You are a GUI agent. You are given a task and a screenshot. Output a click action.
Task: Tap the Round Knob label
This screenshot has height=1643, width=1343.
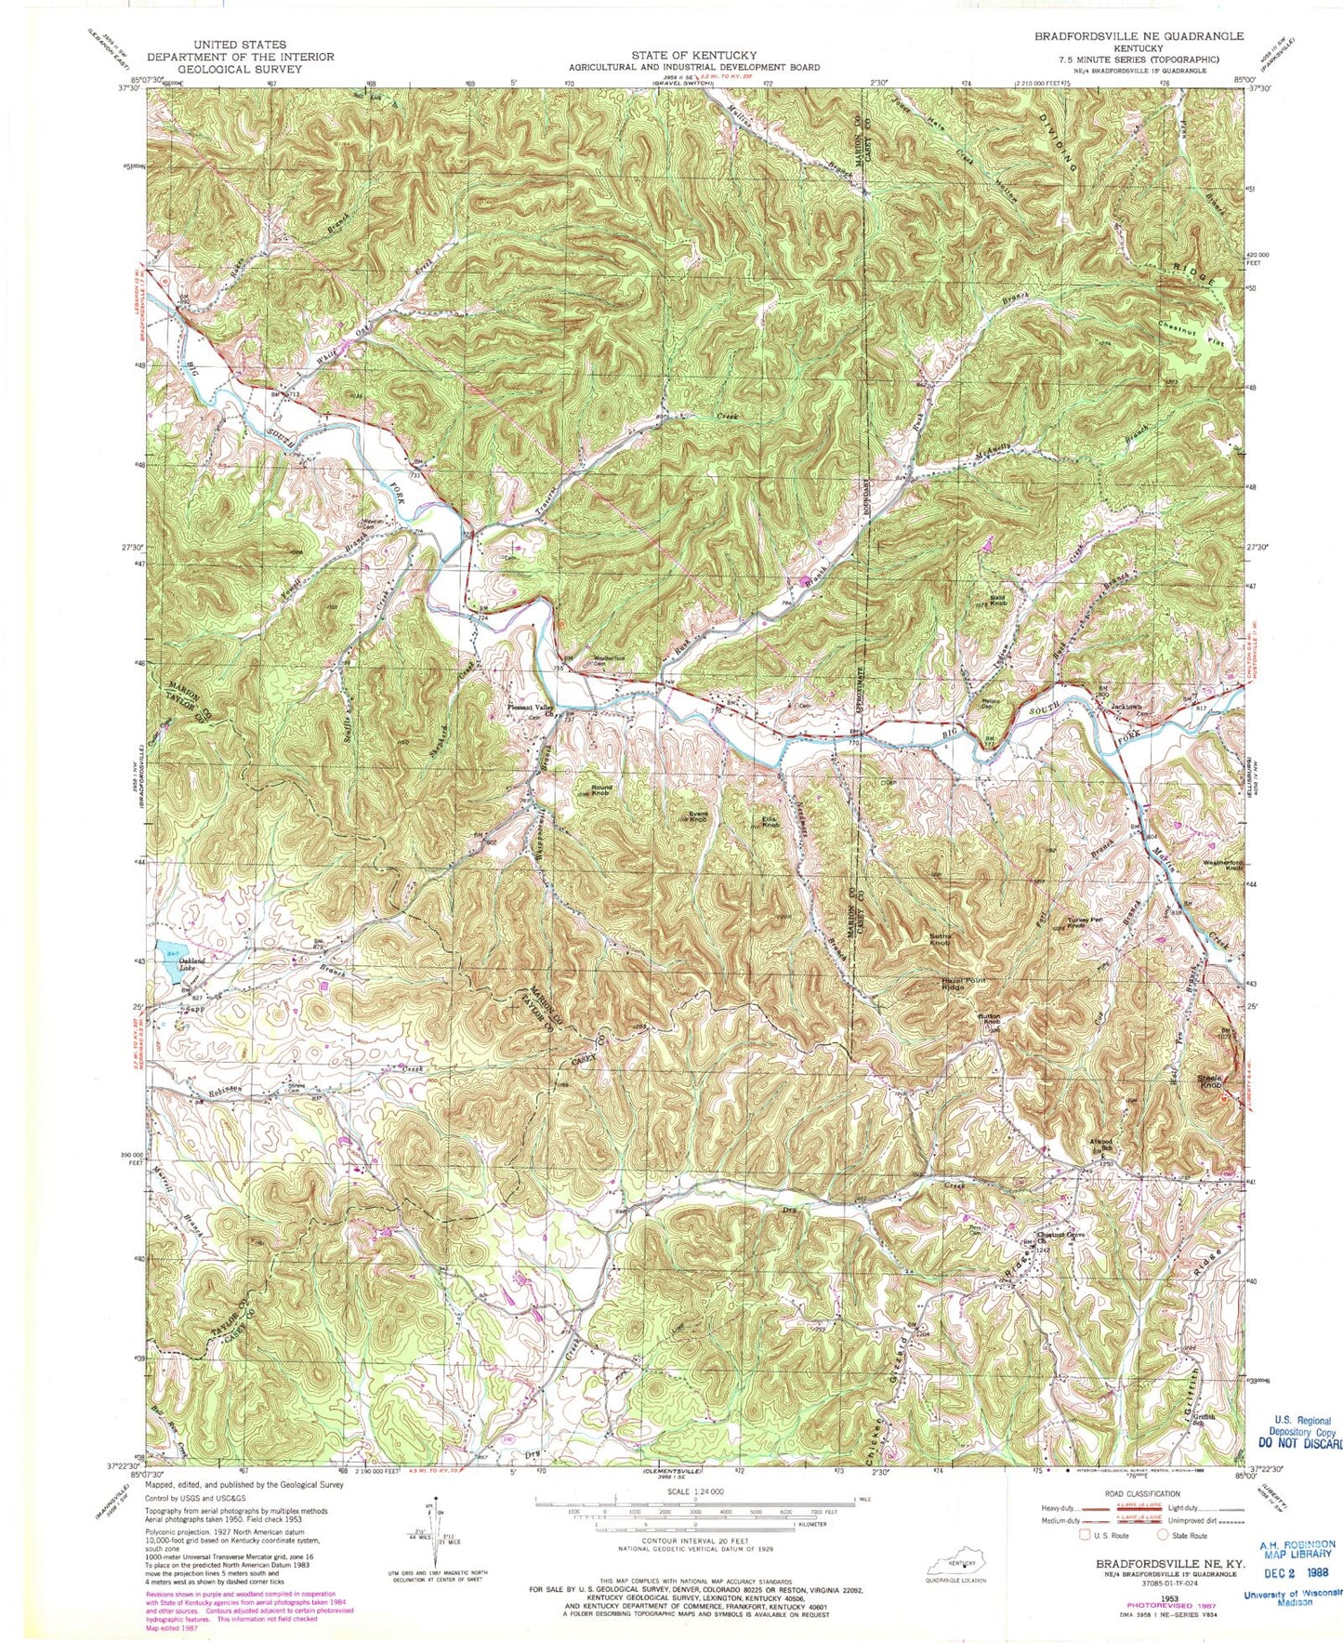click(600, 790)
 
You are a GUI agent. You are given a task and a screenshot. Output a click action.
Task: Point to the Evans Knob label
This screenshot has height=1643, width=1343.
click(699, 815)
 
